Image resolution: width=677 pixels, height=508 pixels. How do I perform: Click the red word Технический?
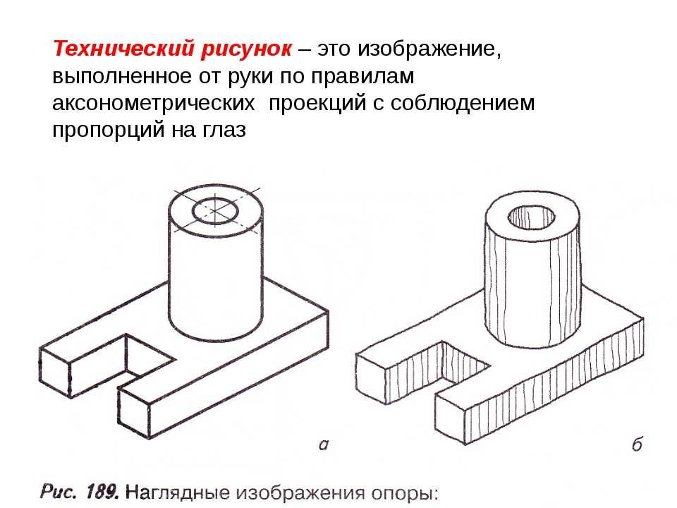tap(123, 49)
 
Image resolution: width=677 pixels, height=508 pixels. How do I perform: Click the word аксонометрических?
tap(153, 103)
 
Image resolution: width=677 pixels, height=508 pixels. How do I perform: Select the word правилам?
tap(362, 77)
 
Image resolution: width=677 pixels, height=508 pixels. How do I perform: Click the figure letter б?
tap(637, 444)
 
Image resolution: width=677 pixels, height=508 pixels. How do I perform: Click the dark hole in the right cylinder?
tap(532, 217)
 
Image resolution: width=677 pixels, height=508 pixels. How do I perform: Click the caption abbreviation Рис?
tap(58, 492)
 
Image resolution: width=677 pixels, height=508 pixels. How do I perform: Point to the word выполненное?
tap(122, 77)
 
